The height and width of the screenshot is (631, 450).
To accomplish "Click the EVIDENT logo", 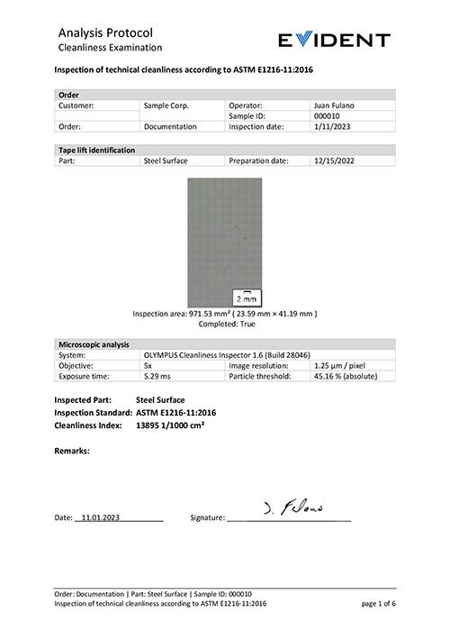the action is pos(334,40).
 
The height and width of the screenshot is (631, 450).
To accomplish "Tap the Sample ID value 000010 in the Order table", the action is pos(328,116).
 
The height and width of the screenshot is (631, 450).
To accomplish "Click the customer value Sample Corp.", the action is pos(166,105).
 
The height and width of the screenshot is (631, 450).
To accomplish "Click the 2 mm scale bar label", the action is pos(245,297).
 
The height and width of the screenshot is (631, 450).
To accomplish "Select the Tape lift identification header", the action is pos(96,150).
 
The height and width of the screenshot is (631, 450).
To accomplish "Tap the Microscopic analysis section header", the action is pos(93,344).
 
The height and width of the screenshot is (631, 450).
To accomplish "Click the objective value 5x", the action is pos(148,366).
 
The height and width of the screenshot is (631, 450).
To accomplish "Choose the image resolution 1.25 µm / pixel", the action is pos(341,366).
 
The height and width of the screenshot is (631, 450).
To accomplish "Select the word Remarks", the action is pos(73,450).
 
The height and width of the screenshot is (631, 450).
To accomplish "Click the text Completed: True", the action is pos(225,323).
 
